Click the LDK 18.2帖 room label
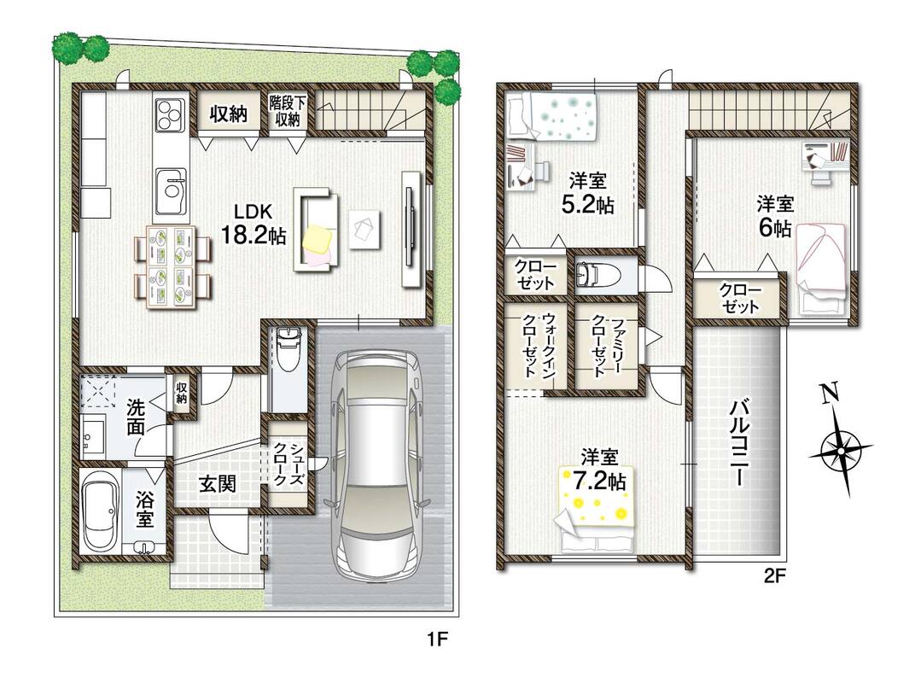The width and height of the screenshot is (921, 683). pyautogui.click(x=254, y=225)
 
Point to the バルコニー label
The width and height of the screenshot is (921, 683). pyautogui.click(x=739, y=442)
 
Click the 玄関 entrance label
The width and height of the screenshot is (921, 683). pyautogui.click(x=218, y=483)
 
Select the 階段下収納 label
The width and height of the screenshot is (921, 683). pyautogui.click(x=287, y=112)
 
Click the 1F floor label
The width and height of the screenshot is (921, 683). pyautogui.click(x=437, y=639)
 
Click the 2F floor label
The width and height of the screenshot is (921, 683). pyautogui.click(x=774, y=576)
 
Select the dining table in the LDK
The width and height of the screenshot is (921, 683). pyautogui.click(x=171, y=266)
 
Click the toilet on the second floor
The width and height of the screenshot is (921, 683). pyautogui.click(x=594, y=274)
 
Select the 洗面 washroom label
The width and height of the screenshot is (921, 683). pyautogui.click(x=137, y=417)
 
